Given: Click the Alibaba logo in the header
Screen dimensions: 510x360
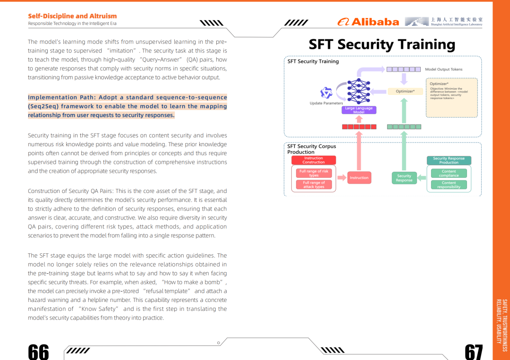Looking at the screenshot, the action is click(368, 22).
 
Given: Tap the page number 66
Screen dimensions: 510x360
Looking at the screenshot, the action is click(38, 352).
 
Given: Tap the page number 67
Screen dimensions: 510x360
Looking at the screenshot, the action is click(474, 352).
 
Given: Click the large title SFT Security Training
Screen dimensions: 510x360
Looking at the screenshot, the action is click(382, 44).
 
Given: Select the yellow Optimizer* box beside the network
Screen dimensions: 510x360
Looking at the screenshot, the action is click(405, 92).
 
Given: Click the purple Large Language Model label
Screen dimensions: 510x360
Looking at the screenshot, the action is click(359, 110).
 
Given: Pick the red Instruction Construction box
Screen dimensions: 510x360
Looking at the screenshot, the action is click(314, 160).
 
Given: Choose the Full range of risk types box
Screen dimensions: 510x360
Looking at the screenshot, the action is click(314, 173).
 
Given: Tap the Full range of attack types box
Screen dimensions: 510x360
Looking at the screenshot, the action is click(314, 184).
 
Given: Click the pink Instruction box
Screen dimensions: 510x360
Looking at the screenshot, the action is click(359, 178).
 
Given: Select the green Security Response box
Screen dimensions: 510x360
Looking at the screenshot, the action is click(404, 178).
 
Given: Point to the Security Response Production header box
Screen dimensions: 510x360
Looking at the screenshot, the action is click(449, 160).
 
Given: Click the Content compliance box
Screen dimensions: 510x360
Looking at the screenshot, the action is click(449, 173).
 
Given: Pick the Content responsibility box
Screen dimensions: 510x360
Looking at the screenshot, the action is click(449, 185).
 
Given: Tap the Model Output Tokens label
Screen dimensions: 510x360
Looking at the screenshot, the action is click(443, 69).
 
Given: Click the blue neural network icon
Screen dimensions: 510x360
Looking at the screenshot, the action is click(359, 92).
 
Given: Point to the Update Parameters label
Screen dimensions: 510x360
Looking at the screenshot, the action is click(326, 103).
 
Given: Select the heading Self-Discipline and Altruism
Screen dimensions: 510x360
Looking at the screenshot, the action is click(72, 16).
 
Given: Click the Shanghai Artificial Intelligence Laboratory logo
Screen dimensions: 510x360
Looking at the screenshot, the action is click(443, 21).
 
